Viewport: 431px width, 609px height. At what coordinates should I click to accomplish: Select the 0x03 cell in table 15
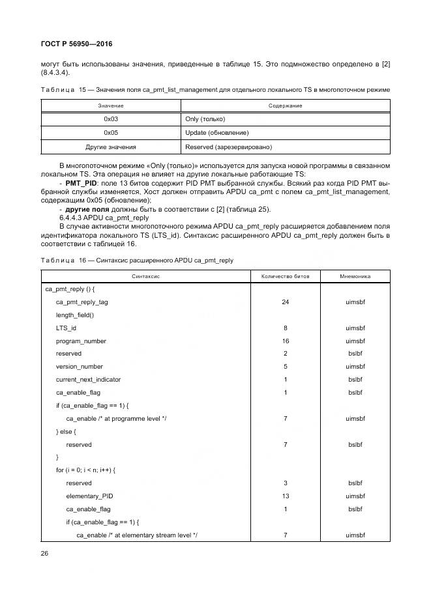111,120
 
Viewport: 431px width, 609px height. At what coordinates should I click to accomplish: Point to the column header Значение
111,106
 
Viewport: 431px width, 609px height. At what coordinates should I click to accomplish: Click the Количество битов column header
286,276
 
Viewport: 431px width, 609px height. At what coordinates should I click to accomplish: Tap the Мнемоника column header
355,276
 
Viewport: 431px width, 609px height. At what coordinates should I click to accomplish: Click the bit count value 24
286,302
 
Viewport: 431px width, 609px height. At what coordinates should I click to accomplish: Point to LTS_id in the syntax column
67,328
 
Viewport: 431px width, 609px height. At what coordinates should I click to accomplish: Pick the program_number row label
81,341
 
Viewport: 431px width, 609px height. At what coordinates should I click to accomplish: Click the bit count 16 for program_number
286,341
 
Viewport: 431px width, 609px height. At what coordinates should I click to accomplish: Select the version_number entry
80,367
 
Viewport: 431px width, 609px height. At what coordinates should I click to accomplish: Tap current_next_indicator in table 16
88,379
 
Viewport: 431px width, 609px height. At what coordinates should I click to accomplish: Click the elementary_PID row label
89,496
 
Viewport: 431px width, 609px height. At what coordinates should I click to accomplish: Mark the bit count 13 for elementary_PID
286,496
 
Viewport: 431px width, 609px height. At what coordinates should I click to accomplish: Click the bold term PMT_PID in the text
82,184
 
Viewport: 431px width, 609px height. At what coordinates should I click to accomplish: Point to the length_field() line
75,315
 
